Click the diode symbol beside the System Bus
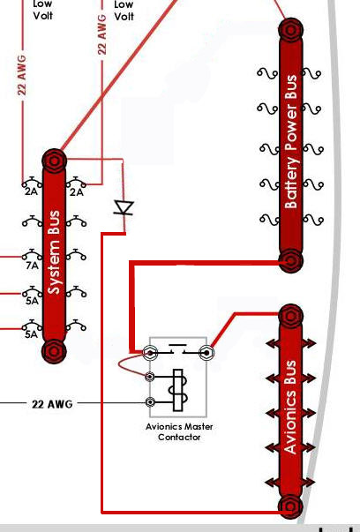coord(124,207)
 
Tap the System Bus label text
coord(54,252)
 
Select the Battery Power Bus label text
coord(291,141)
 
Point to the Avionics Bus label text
coord(290,407)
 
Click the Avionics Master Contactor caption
coord(179,431)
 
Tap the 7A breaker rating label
coord(33,265)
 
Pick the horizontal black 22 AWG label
coord(52,404)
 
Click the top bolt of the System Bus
coord(55,161)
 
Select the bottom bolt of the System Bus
coord(54,351)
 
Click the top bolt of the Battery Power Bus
coord(291,30)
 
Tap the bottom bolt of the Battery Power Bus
coord(291,260)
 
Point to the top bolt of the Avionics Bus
coord(291,316)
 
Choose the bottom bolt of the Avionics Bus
coord(290,507)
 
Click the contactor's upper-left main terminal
coord(150,353)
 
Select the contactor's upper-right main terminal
coord(206,353)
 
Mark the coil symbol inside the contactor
coord(179,390)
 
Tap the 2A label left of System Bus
coord(31,191)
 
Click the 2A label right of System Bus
coord(77,192)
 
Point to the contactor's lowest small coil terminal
coord(150,402)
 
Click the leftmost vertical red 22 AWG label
coord(22,75)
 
